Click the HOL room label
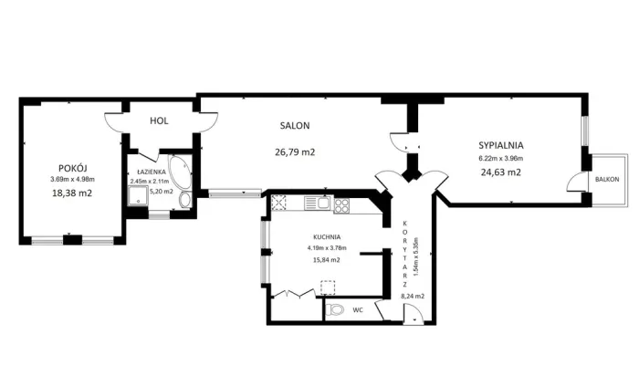(159, 120)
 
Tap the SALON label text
(295, 125)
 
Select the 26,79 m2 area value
(295, 152)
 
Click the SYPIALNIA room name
(501, 145)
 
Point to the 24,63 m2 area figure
(501, 172)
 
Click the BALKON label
(607, 179)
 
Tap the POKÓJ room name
(72, 168)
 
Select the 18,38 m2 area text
(72, 193)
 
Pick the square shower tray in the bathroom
(138, 195)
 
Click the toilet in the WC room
(335, 310)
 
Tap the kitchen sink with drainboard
(317, 203)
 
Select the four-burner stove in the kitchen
(341, 205)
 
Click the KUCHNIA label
(327, 236)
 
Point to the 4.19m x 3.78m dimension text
(327, 247)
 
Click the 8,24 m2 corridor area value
(413, 297)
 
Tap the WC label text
(358, 310)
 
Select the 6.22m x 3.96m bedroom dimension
(501, 159)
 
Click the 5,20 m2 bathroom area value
(162, 191)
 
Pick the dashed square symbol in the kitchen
(328, 287)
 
